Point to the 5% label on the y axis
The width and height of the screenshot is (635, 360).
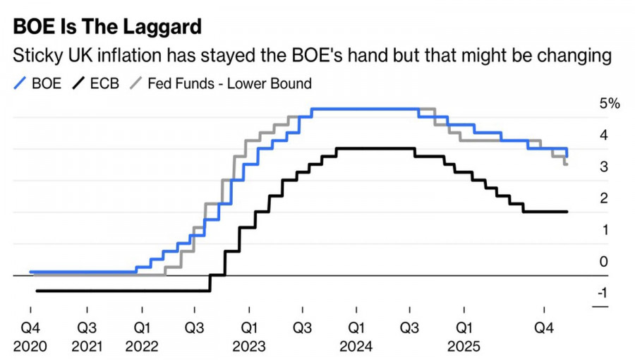point(609,104)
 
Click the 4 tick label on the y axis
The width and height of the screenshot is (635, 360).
point(604,135)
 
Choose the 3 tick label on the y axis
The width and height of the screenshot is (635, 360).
point(604,167)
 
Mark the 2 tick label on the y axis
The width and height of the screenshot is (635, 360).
point(604,198)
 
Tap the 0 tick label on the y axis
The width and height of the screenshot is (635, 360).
point(604,262)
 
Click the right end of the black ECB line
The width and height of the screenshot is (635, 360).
point(567,211)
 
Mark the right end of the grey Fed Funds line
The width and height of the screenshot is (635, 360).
point(567,164)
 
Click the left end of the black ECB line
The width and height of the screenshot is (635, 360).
point(36,290)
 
